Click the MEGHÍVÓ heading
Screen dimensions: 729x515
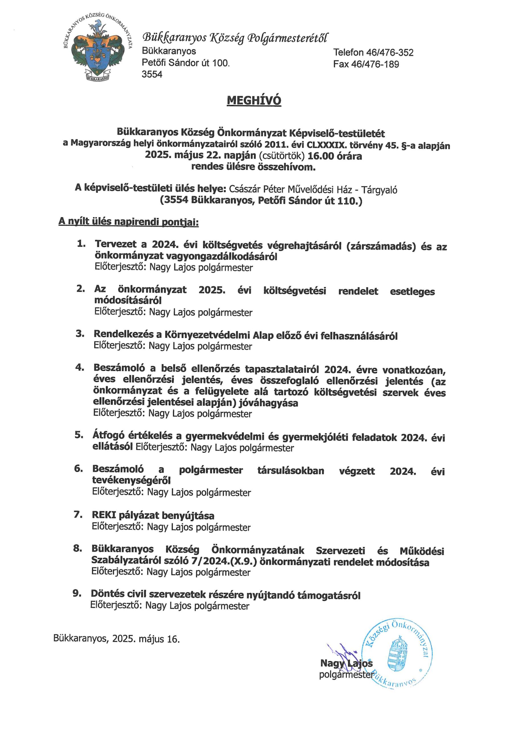pos(254,101)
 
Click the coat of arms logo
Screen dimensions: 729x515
pos(97,50)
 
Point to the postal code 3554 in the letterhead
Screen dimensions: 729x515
pos(152,74)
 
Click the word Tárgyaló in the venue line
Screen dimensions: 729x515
pos(380,190)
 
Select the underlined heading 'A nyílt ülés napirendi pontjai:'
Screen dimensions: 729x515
pos(129,222)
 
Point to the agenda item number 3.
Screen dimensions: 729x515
pos(80,334)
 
